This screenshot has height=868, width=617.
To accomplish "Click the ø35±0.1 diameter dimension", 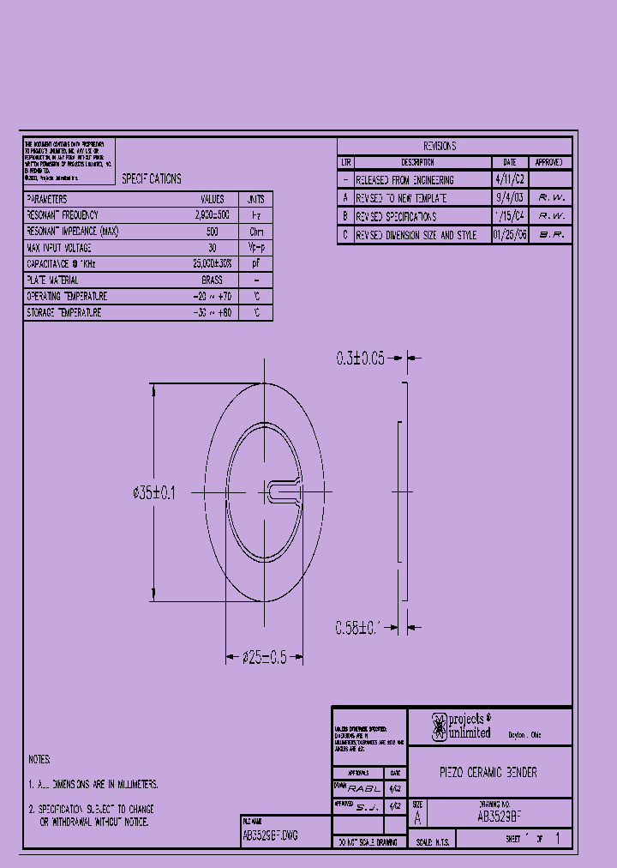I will (154, 493).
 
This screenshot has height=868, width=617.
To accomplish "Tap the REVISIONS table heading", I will (440, 147).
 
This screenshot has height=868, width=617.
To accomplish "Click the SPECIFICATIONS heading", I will (152, 179).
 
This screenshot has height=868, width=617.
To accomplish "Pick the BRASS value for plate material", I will (212, 280).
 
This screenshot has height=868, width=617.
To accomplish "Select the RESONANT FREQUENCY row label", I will (63, 215).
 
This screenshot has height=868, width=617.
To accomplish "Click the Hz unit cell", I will (255, 215).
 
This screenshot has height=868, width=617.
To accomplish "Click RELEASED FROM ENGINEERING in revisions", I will (404, 180).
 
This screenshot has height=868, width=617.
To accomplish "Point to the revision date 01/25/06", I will (510, 234).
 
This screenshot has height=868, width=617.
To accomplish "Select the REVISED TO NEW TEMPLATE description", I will (401, 198).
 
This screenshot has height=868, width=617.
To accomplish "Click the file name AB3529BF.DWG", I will (271, 835).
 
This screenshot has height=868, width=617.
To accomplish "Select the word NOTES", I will (39, 760).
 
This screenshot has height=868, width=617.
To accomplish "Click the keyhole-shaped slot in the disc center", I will (283, 491).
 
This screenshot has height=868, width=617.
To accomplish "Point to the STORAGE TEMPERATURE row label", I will (64, 313).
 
